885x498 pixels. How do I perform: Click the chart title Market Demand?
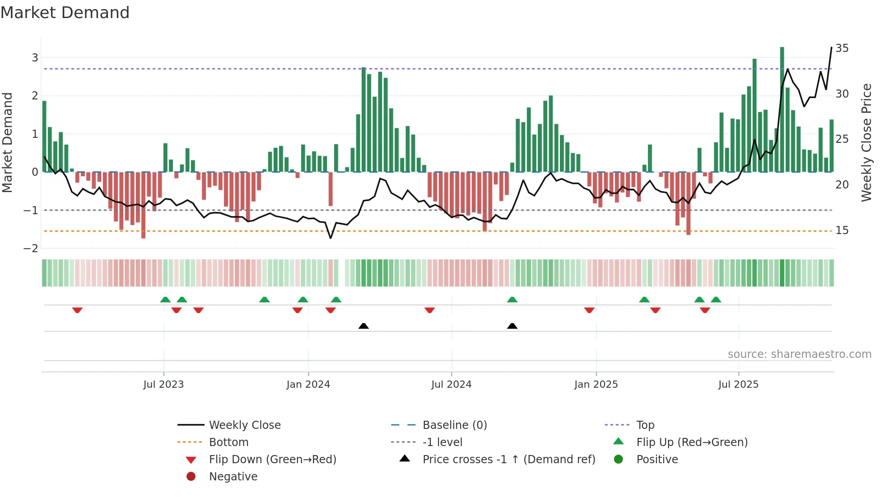pos(65,13)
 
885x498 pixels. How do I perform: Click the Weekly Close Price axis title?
pos(866,142)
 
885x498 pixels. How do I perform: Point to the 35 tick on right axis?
pos(842,48)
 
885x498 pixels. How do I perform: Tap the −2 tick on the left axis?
pos(31,248)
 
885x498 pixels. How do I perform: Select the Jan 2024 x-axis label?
pos(308,385)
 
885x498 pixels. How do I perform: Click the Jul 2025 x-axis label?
pos(738,385)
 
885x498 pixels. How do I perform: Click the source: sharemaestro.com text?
pos(799,354)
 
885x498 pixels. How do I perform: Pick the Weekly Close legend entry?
pos(244,425)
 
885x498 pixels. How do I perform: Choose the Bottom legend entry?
pos(228,442)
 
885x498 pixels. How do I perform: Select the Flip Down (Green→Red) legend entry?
pos(272,459)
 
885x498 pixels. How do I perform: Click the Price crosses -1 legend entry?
pos(508,459)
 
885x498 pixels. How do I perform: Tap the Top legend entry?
pos(645,425)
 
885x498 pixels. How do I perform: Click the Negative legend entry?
pos(233,476)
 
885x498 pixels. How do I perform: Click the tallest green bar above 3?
pos(782,108)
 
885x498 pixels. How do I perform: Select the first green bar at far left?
pos(44,136)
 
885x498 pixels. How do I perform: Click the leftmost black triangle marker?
pos(363,326)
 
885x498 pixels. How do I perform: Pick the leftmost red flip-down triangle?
pos(77,310)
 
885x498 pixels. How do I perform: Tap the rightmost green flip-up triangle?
pos(716,300)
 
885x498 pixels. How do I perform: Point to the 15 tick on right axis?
pos(842,230)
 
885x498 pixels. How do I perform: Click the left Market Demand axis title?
pos(8,142)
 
